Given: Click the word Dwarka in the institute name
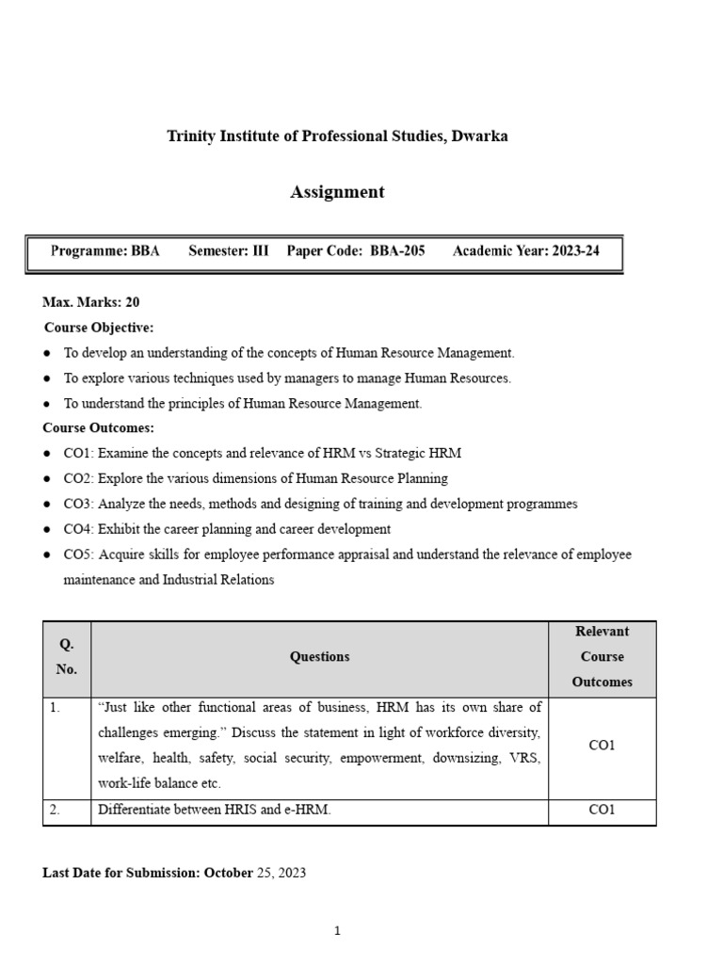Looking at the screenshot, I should click(479, 136).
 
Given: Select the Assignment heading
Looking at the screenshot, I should click(337, 192).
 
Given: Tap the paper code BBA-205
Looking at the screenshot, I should click(397, 251).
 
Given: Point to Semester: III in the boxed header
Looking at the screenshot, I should click(228, 251).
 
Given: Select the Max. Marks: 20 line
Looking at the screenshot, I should click(91, 302).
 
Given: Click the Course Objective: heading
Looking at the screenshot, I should click(99, 328).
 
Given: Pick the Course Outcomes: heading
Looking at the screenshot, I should click(99, 427).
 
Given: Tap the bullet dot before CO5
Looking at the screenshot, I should click(47, 554).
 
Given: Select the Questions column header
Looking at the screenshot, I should click(319, 657).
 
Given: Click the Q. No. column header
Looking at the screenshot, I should click(67, 657).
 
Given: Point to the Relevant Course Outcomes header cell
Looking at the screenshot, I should click(602, 657).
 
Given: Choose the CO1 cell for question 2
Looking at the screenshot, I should click(602, 810).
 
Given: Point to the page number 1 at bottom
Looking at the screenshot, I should click(337, 931).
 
